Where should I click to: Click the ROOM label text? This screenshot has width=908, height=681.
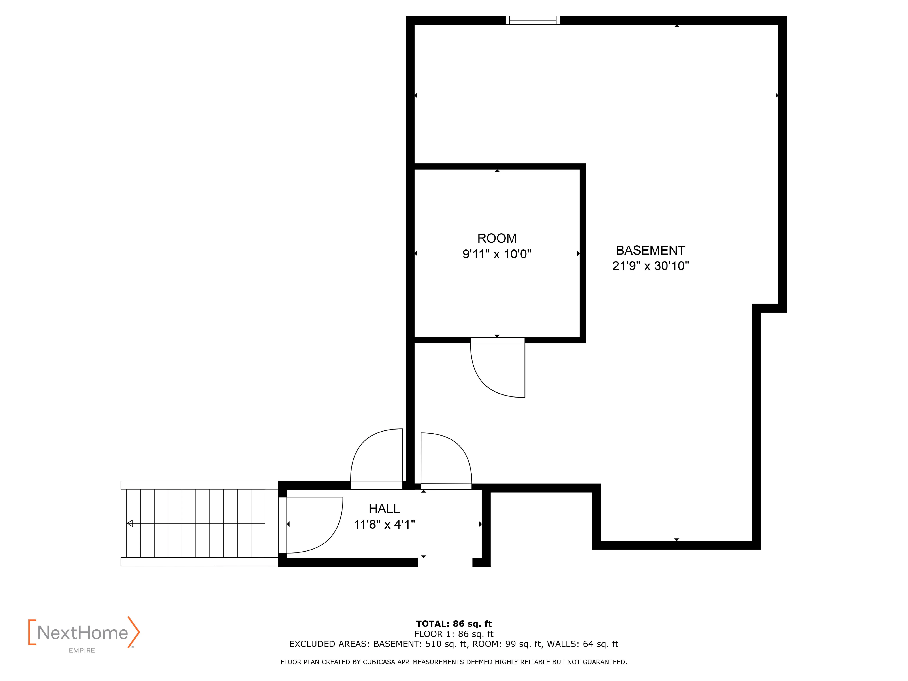coord(497,238)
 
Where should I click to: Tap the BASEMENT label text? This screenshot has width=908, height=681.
coord(650,250)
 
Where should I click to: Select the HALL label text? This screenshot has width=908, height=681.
coord(384,509)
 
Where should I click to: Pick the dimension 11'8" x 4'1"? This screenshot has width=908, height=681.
coord(384,524)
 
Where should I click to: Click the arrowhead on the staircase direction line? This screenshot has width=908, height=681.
coord(130,523)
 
